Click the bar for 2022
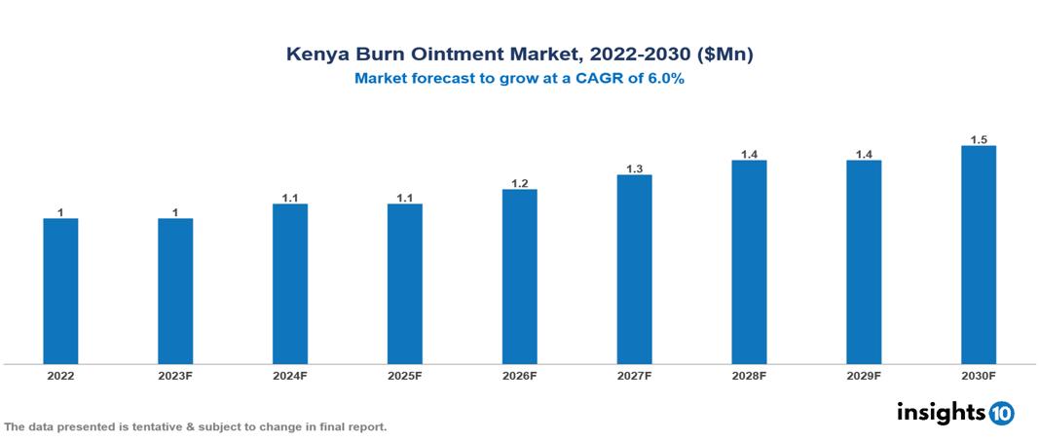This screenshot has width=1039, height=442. (60, 291)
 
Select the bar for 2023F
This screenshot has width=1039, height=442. (175, 291)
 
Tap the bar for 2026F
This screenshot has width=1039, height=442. (519, 276)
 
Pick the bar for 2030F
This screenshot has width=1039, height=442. (978, 255)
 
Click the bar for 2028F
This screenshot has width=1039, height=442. (749, 262)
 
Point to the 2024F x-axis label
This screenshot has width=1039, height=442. (290, 375)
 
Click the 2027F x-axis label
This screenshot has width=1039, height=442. (634, 375)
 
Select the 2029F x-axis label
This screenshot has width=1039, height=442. (863, 375)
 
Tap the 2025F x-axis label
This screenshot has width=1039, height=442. (404, 375)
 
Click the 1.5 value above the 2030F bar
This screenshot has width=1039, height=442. (979, 139)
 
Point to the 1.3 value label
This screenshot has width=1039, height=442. (634, 168)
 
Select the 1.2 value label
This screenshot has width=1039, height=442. (519, 183)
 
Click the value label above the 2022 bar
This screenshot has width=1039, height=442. (60, 212)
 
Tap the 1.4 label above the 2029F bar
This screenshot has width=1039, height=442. (864, 154)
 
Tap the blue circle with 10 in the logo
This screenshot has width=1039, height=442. (1001, 413)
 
